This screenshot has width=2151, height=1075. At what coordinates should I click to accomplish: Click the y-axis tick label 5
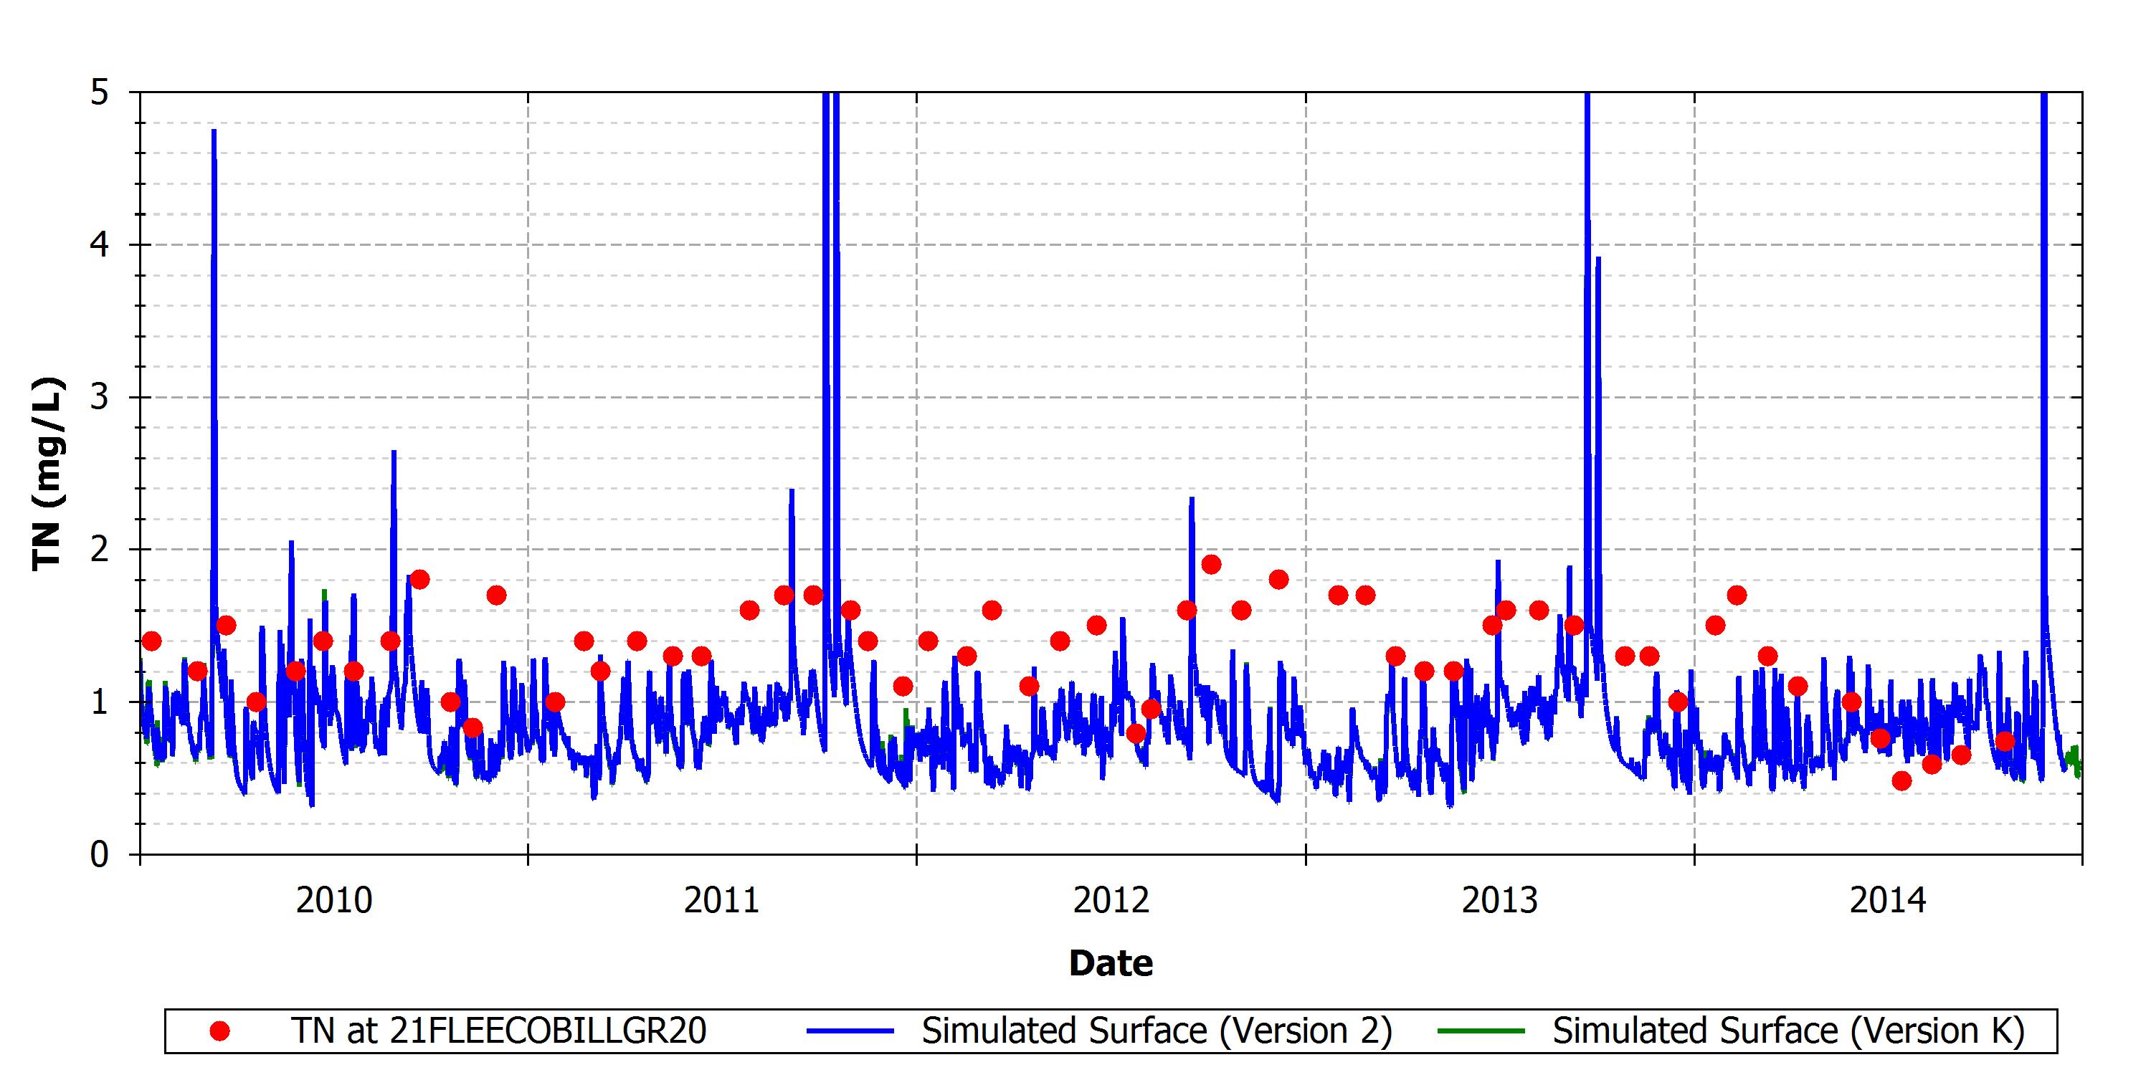click(100, 92)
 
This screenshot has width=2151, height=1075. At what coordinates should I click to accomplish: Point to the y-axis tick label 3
click(100, 397)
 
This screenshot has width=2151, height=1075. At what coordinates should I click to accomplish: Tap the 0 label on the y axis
click(100, 855)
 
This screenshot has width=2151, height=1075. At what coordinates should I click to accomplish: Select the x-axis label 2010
click(334, 901)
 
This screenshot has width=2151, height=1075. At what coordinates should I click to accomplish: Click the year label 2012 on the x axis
click(1111, 901)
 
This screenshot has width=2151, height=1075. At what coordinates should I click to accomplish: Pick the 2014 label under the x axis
click(1888, 901)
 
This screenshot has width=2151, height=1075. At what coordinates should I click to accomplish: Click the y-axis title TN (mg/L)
click(49, 474)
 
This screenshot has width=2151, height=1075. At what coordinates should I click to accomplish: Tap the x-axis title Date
click(1111, 963)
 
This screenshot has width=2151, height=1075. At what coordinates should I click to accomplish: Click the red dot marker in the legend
click(219, 1031)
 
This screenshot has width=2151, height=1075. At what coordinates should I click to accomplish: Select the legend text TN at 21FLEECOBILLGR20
click(498, 1031)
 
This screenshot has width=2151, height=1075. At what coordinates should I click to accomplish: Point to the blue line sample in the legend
click(850, 1031)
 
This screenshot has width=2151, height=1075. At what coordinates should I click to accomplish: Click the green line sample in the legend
click(1481, 1031)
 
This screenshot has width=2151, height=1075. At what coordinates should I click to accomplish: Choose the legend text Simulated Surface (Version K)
click(1789, 1031)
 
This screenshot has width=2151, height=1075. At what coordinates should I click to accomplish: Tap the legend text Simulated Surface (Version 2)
click(1157, 1031)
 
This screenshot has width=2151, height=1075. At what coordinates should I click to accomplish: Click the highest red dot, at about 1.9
click(1212, 565)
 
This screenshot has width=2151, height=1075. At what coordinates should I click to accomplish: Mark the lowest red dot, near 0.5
click(1901, 781)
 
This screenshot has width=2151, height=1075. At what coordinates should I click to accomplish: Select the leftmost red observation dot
click(151, 641)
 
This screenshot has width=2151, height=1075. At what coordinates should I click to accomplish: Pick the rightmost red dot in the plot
click(2005, 741)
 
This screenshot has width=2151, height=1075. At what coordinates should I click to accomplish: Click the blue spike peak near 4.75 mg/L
click(214, 130)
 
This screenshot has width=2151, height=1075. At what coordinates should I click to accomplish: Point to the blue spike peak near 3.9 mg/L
click(1598, 258)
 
